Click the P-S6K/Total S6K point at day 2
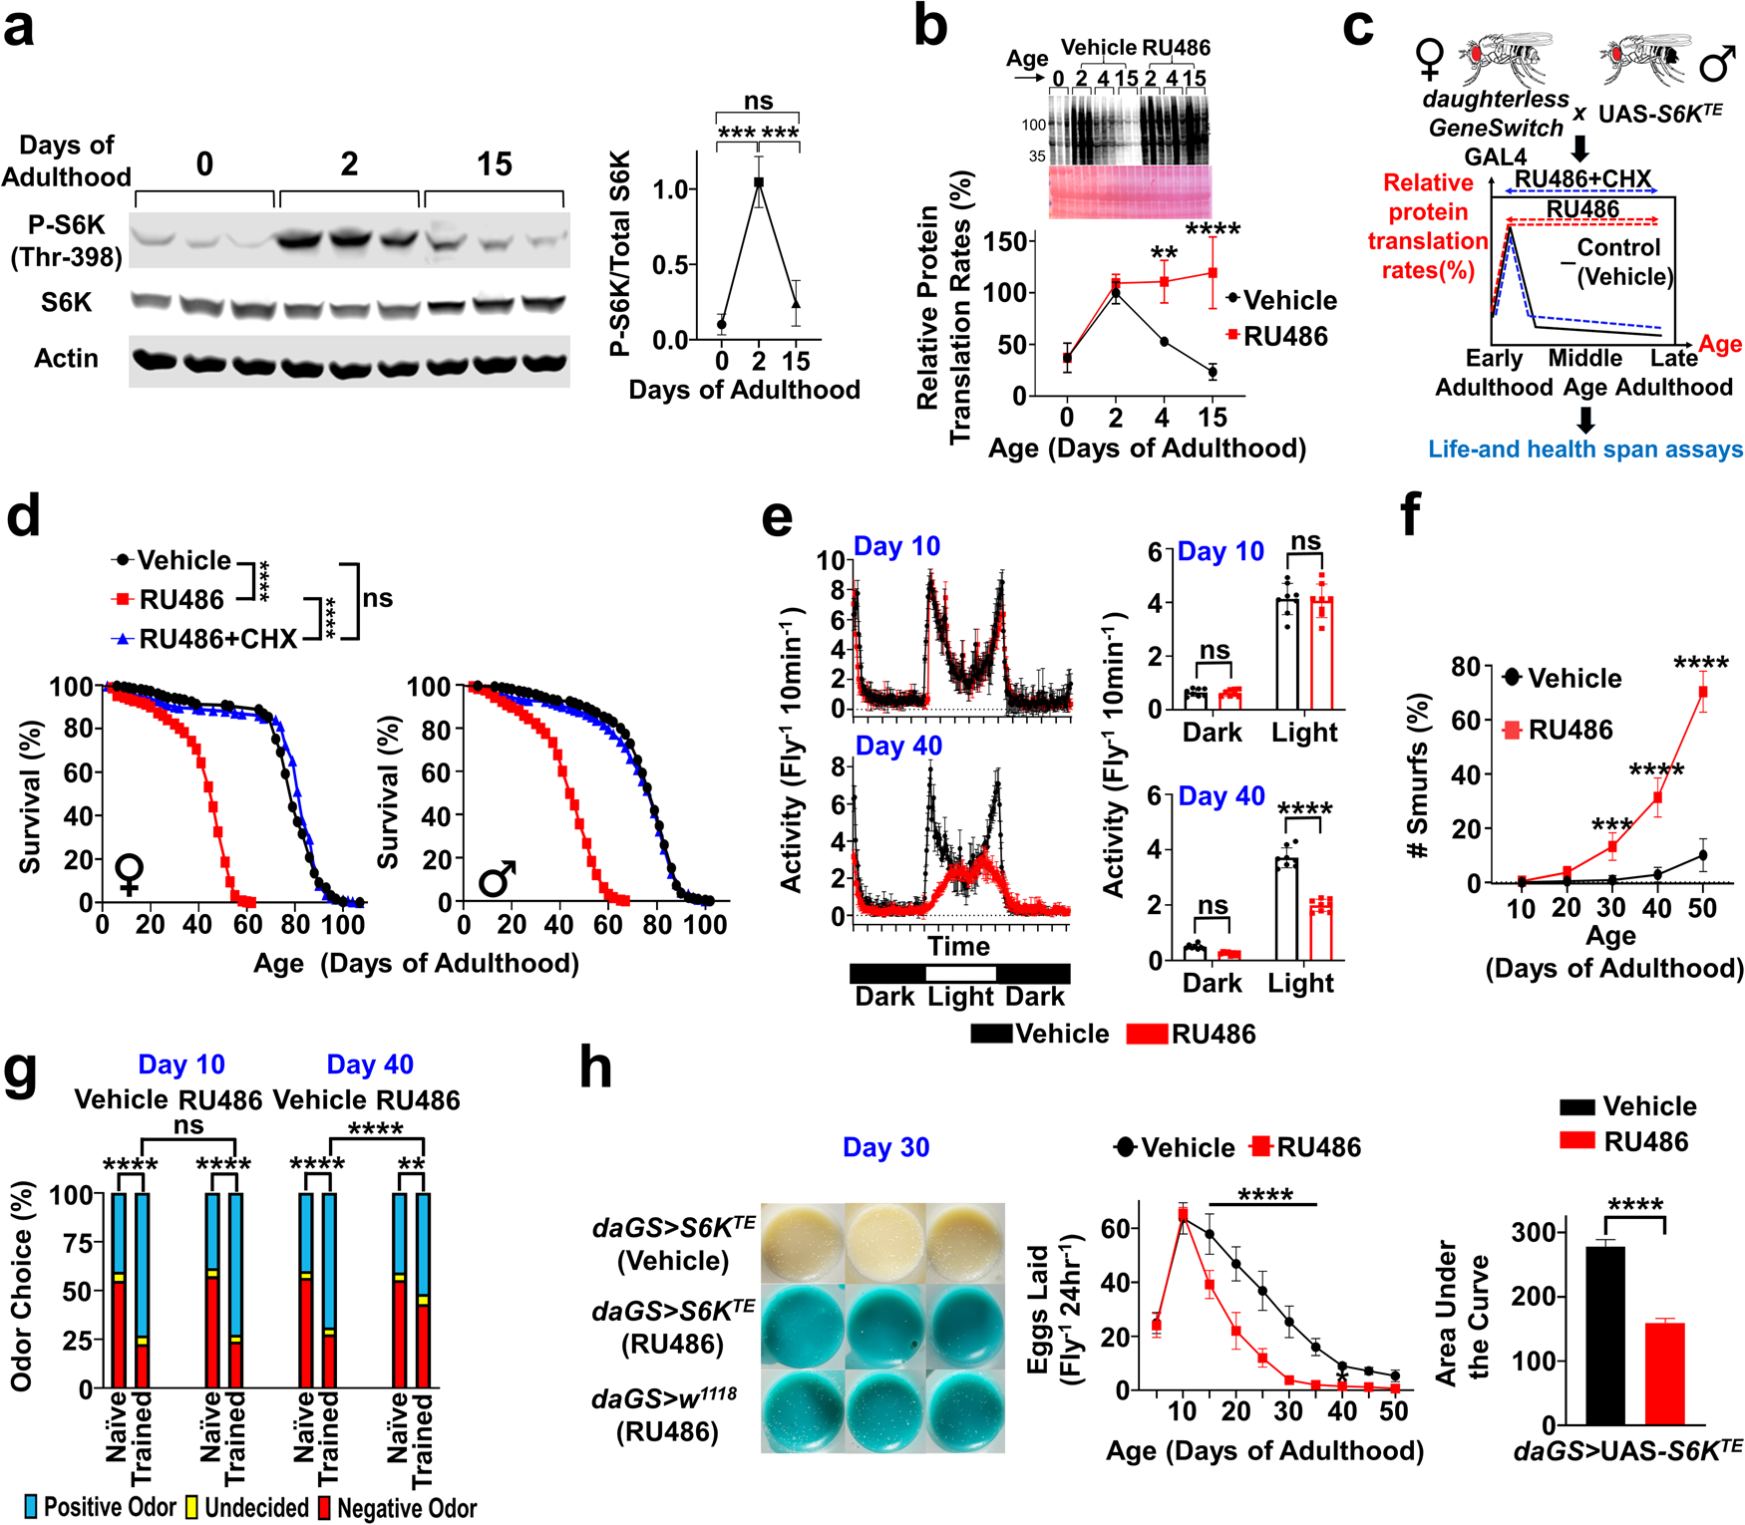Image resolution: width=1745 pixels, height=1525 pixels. (x=759, y=182)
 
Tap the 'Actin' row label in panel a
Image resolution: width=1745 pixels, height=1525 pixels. (x=66, y=358)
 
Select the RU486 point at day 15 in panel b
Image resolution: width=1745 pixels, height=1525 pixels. (x=1213, y=272)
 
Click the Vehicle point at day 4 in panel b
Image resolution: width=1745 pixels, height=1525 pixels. (x=1164, y=342)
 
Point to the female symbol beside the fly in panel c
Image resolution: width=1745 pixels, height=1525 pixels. (x=1429, y=60)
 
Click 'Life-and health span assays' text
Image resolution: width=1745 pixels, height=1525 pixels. (x=1585, y=449)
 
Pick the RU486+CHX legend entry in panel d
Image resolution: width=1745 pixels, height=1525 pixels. (x=204, y=639)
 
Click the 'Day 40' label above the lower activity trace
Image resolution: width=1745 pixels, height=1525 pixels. (x=897, y=746)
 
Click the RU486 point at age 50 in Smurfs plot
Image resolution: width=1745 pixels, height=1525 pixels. (x=1702, y=691)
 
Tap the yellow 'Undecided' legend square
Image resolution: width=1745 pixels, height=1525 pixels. (x=191, y=1507)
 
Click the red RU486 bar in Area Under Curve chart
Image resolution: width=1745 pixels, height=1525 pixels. (x=1664, y=1372)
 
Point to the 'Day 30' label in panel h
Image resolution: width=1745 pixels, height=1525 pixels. (x=885, y=1147)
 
